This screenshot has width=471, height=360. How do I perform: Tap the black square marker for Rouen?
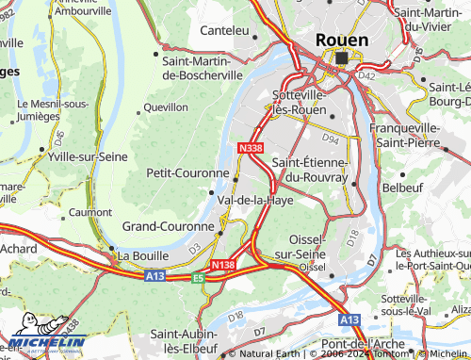click(341, 57)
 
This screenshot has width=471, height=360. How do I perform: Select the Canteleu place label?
click(224, 31)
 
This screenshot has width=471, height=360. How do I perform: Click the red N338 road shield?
click(251, 148)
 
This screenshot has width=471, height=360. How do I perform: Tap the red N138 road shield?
click(222, 266)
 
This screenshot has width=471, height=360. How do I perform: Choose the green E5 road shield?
click(198, 278)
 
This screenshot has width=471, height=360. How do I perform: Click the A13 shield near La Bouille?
click(156, 277)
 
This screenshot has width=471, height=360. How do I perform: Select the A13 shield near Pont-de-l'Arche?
click(349, 320)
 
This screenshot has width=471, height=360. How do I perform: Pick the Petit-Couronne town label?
click(187, 173)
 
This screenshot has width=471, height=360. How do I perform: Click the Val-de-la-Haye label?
click(255, 201)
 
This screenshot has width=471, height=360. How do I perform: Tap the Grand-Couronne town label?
click(169, 227)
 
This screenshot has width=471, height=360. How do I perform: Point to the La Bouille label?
click(140, 254)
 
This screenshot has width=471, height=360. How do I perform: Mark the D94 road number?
click(330, 139)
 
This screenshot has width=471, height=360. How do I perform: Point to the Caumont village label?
click(90, 213)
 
